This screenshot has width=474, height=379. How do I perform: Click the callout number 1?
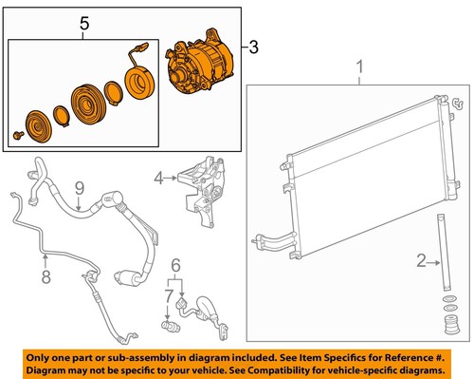(x=359, y=66)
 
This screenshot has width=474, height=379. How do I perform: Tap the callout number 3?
(x=251, y=46)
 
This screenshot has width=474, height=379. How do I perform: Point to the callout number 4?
(x=159, y=175)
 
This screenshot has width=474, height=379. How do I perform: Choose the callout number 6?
(x=175, y=263)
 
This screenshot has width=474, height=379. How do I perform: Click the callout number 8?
(x=44, y=278)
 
